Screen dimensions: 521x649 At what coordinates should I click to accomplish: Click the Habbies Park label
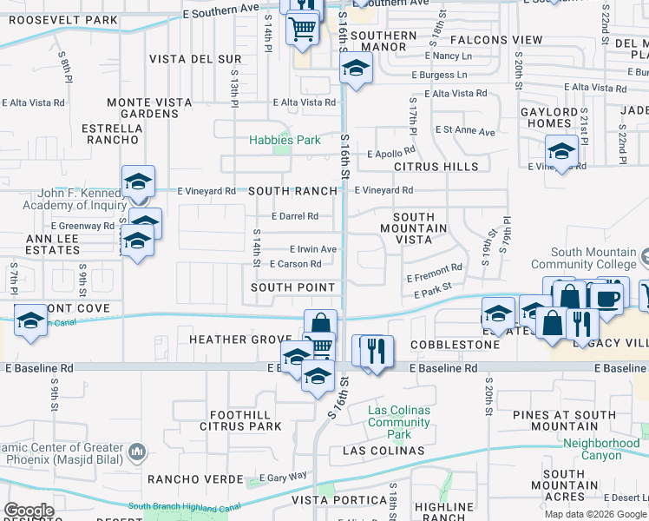[x=285, y=140]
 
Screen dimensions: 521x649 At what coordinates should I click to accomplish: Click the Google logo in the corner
[x=29, y=511]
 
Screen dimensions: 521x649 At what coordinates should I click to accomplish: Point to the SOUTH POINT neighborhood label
[x=292, y=287]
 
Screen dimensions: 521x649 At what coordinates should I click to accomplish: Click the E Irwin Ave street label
[x=312, y=248]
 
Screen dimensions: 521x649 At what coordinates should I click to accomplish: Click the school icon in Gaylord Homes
[x=561, y=151]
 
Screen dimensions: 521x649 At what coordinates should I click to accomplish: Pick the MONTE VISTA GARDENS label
[x=149, y=108]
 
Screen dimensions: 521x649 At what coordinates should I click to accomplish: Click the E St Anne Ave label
[x=465, y=131]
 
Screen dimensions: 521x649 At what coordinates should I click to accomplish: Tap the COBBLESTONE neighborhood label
[x=455, y=345]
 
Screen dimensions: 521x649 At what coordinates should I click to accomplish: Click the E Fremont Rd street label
[x=434, y=274]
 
